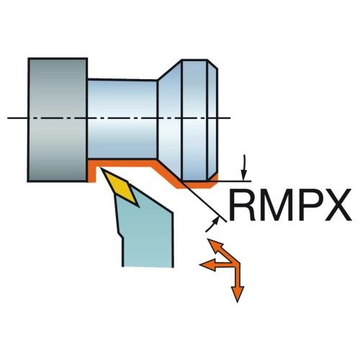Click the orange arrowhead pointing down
click(x=237, y=294)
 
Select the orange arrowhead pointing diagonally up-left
click(x=215, y=245)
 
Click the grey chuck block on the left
click(x=58, y=120)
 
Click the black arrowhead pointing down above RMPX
click(x=244, y=175)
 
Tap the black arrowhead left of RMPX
click(x=215, y=220)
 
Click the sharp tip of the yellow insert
click(x=102, y=168)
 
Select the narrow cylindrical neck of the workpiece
click(x=122, y=119)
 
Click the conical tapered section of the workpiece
click(x=170, y=119)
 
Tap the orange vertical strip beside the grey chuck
click(x=91, y=171)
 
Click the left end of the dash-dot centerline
click(x=8, y=118)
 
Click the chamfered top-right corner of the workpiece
click(x=212, y=64)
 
